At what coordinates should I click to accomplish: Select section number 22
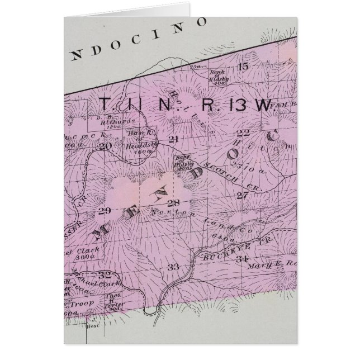pyautogui.click(x=244, y=133)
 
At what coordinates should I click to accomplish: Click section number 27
pyautogui.click(x=241, y=195)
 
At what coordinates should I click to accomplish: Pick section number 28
pyautogui.click(x=173, y=202)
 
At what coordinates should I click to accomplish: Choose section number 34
pyautogui.click(x=242, y=259)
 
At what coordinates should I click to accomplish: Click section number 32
pyautogui.click(x=104, y=274)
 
